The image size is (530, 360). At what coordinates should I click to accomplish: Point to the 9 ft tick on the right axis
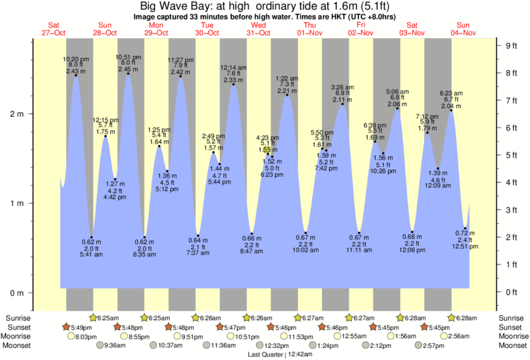pyautogui.click(x=512, y=45)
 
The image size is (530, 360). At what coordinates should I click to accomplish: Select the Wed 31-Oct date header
pyautogui.click(x=258, y=29)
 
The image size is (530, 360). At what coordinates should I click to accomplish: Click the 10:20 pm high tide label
pyautogui.click(x=76, y=59)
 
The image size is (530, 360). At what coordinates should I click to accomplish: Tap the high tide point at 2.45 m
pyautogui.click(x=128, y=73)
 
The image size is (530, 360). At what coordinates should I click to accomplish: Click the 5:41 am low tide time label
pyautogui.click(x=91, y=254)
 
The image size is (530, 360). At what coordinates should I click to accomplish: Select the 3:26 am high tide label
pyautogui.click(x=342, y=87)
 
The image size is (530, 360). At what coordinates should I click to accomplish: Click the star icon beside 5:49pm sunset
pyautogui.click(x=66, y=327)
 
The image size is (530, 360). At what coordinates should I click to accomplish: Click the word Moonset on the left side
pyautogui.click(x=19, y=345)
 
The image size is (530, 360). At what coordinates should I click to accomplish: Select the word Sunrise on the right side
pyautogui.click(x=512, y=318)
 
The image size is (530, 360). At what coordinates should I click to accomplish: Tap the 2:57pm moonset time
pyautogui.click(x=434, y=345)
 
